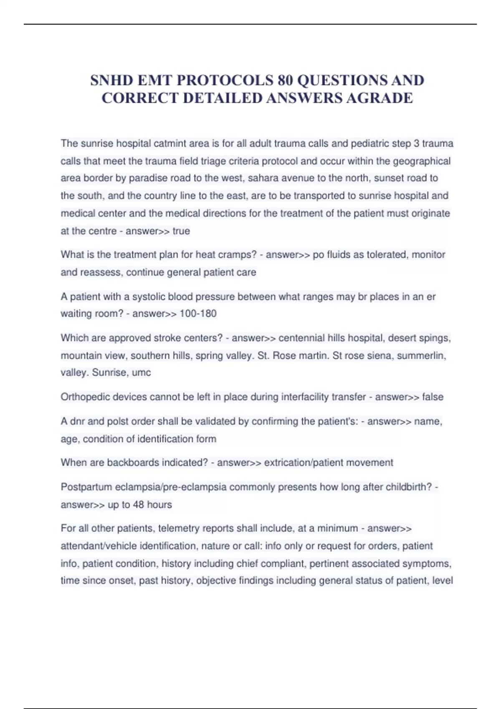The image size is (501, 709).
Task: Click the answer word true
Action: [x=181, y=231]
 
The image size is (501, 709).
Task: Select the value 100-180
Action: [x=198, y=314]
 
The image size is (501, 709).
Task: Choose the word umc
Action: [x=141, y=372]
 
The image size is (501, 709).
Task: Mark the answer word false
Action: [x=433, y=397]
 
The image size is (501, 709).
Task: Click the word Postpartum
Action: [x=86, y=487]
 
